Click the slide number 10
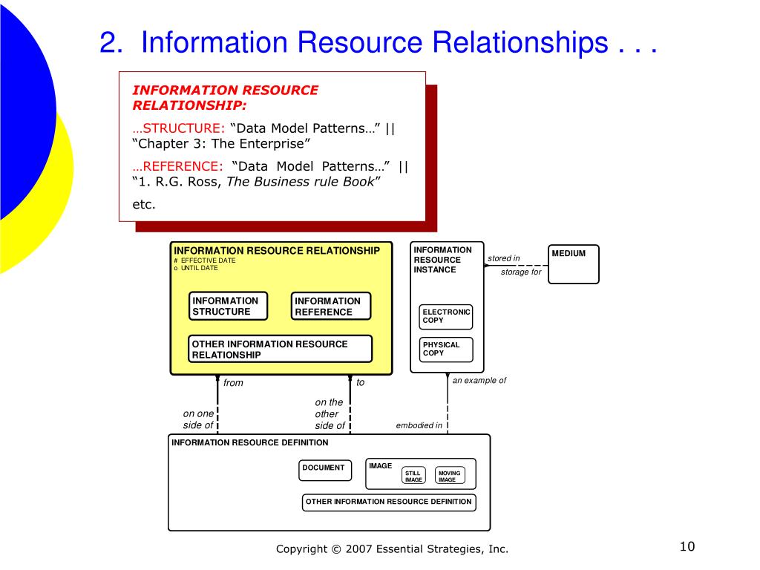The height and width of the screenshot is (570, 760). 686,548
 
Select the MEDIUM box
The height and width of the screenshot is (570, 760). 574,263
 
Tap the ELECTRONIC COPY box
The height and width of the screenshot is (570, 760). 446,316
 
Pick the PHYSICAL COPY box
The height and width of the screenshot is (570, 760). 446,349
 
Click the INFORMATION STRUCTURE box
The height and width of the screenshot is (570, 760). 228,306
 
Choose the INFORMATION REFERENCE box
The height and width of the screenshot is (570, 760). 330,306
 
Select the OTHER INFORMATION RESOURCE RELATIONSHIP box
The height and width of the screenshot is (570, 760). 281,349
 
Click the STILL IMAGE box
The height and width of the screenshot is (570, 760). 413,476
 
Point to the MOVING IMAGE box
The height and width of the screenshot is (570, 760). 450,476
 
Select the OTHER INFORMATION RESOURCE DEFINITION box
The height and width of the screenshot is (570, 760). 388,502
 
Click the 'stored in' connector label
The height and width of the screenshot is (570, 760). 504,258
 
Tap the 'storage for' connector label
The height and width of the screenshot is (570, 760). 521,272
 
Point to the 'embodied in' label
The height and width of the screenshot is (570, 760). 419,425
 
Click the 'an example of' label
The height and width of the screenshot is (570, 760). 479,380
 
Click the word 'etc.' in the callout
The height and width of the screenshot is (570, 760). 144,204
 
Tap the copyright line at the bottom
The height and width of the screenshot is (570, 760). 392,549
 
